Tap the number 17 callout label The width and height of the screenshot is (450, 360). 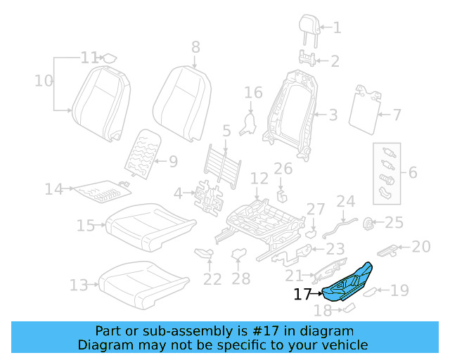[x=302, y=295]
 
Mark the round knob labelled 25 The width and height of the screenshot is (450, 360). [x=366, y=223]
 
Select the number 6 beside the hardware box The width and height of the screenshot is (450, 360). [x=413, y=171]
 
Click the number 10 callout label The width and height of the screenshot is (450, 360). [x=44, y=81]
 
